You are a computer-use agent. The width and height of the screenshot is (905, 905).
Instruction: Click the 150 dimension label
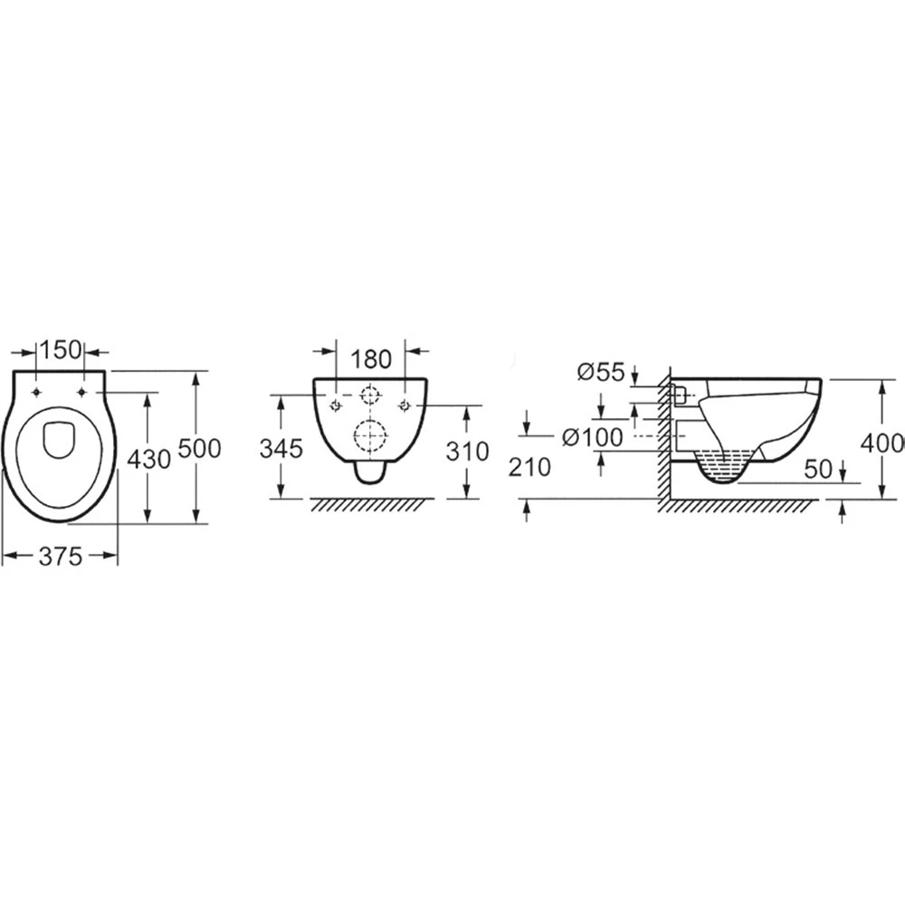pyautogui.click(x=61, y=349)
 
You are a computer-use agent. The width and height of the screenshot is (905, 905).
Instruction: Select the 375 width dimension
pyautogui.click(x=61, y=557)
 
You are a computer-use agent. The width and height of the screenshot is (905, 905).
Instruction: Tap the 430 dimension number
pyautogui.click(x=149, y=460)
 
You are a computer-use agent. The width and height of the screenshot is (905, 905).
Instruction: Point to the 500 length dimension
pyautogui.click(x=200, y=449)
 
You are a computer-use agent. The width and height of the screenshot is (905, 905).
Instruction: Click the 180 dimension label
pyautogui.click(x=370, y=359)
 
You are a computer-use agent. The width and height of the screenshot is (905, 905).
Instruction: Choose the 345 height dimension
pyautogui.click(x=281, y=449)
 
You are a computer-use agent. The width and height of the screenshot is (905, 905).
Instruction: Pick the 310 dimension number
pyautogui.click(x=468, y=452)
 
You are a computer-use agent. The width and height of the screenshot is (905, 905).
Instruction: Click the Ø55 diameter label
pyautogui.click(x=602, y=372)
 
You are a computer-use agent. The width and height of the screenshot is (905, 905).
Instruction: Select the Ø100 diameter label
pyautogui.click(x=593, y=437)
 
